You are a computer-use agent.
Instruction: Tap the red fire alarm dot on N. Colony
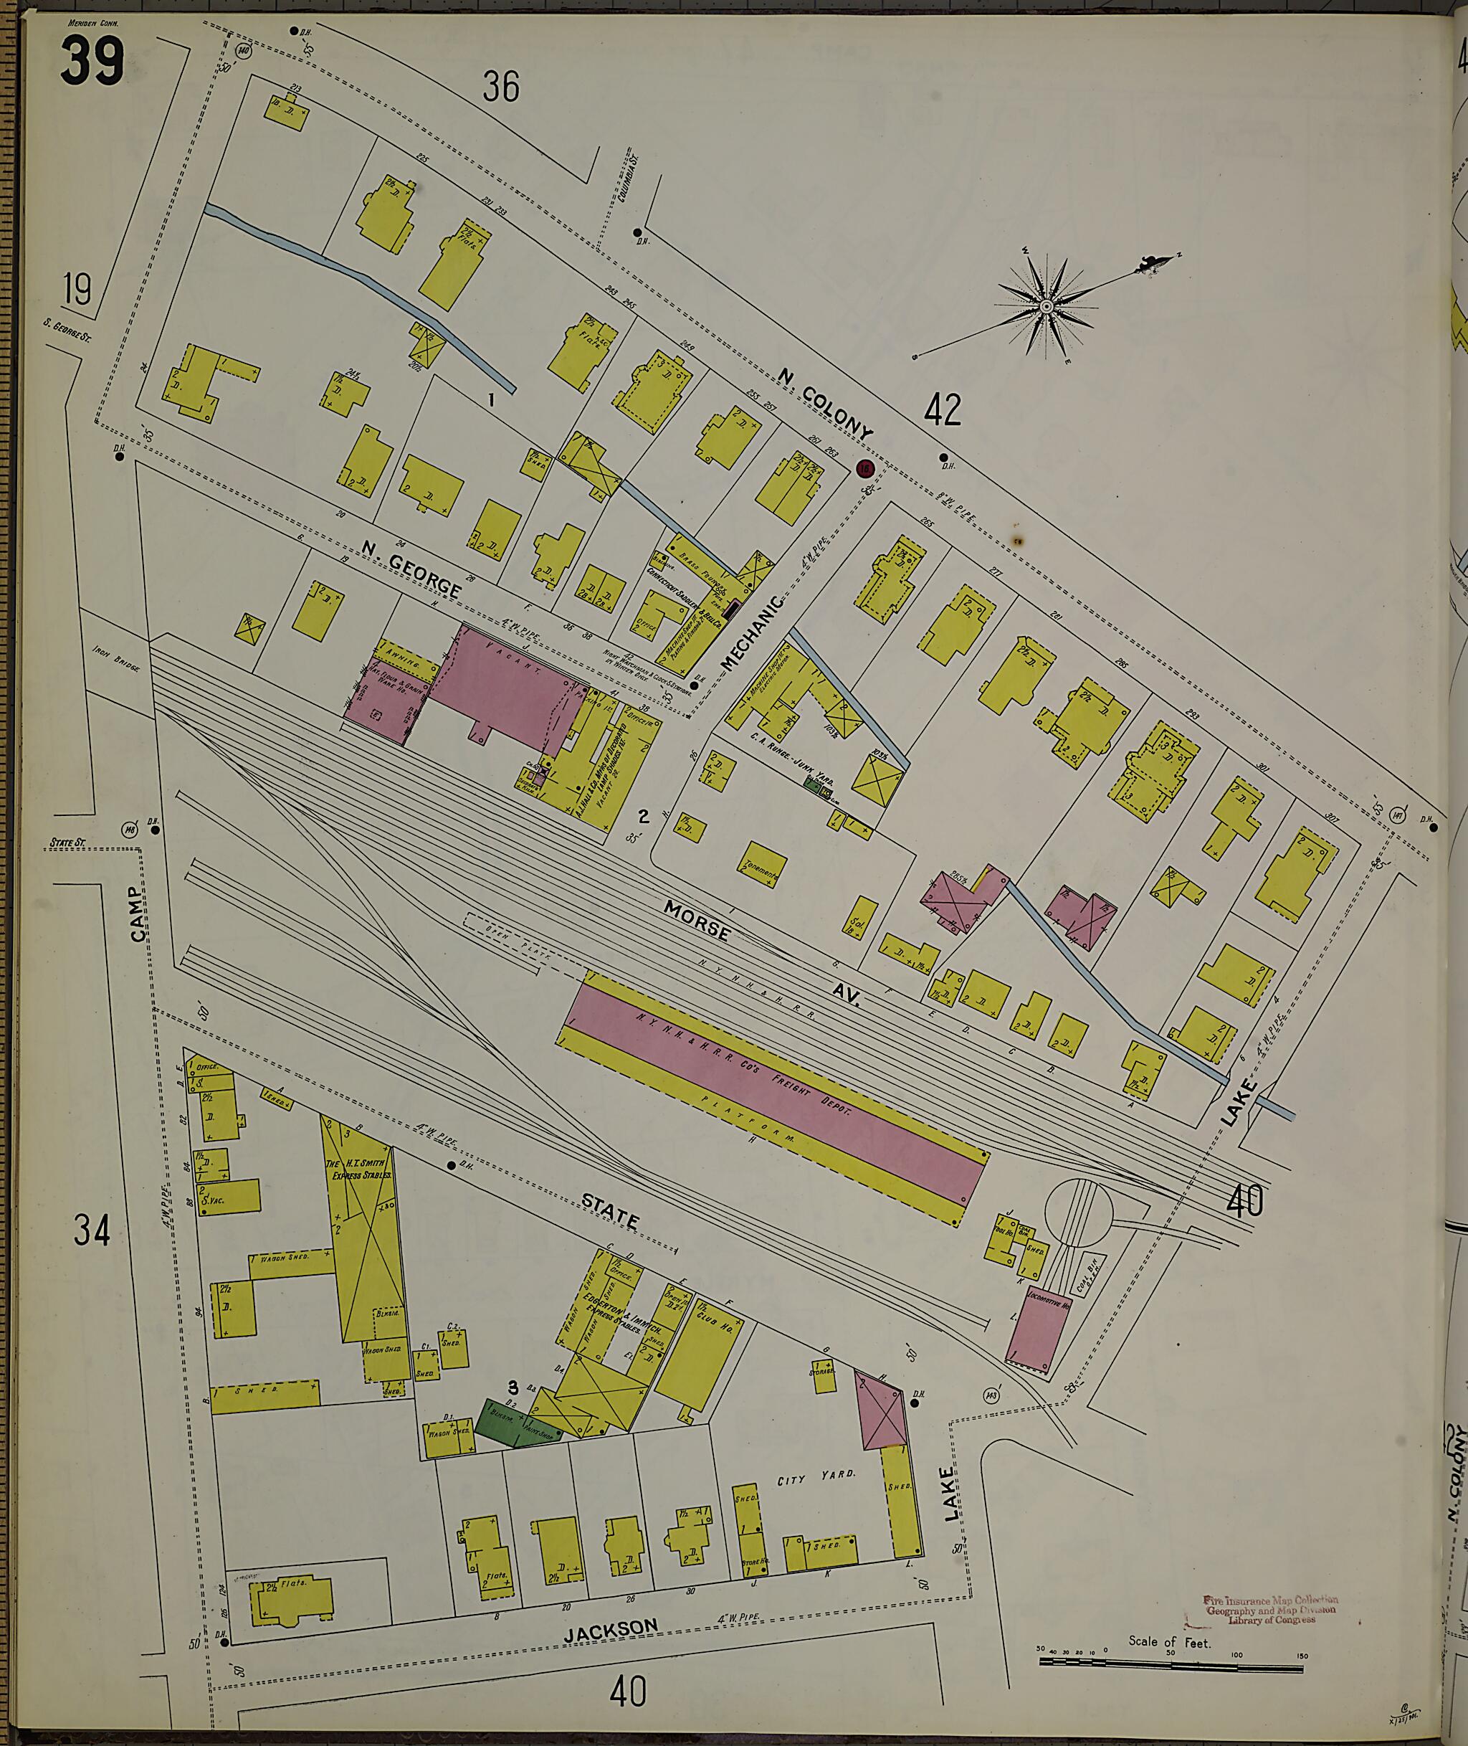point(867,469)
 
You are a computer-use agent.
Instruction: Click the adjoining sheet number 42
point(941,409)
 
